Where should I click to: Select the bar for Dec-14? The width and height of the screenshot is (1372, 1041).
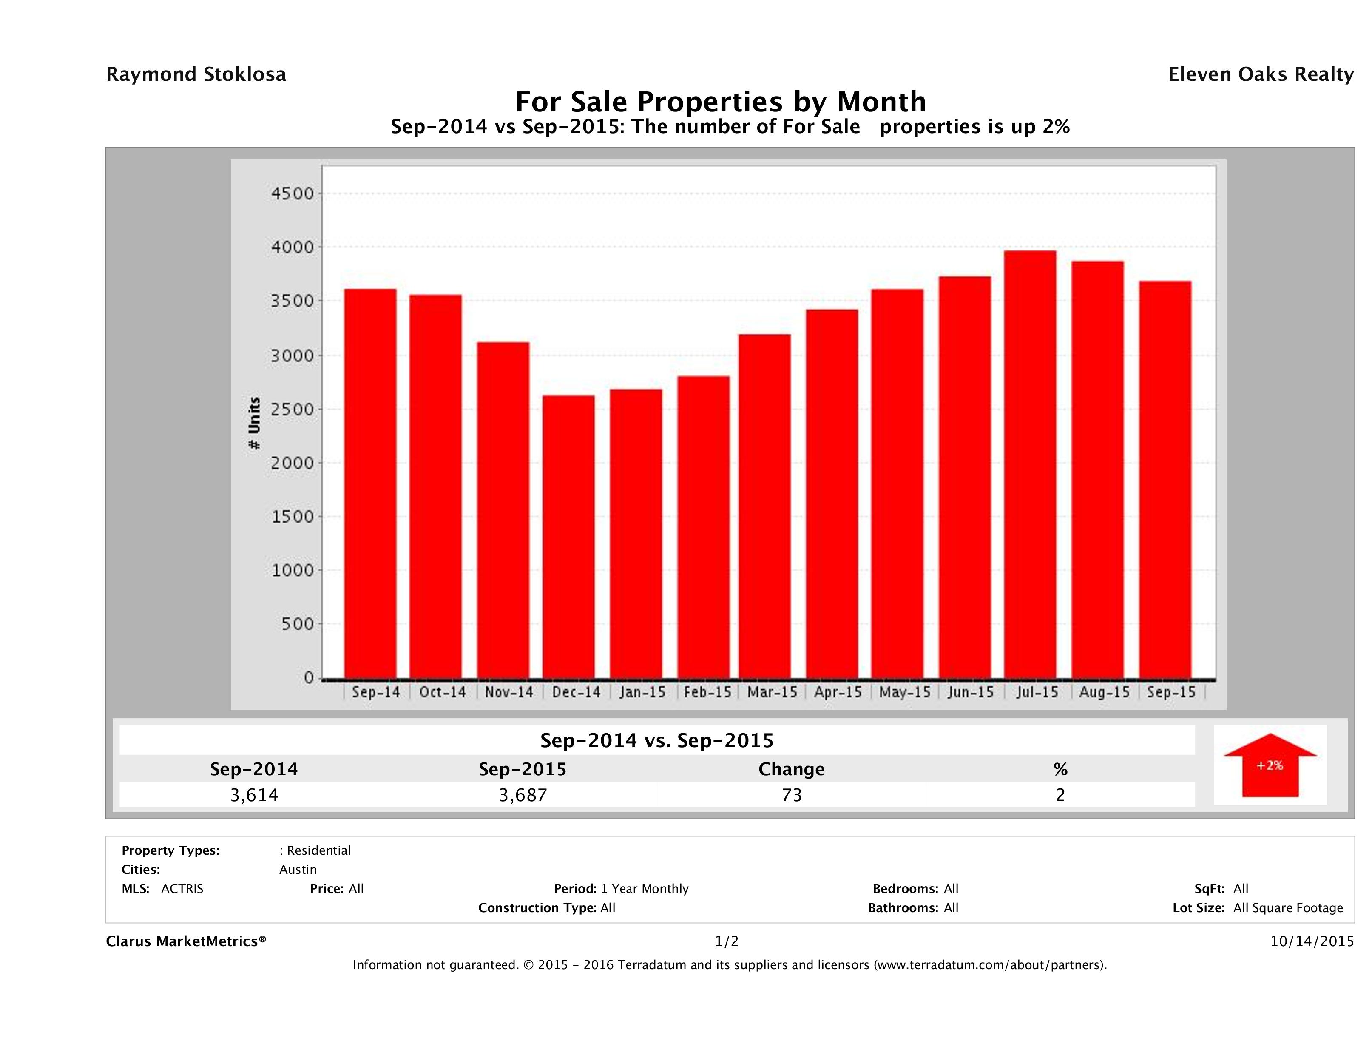click(x=568, y=537)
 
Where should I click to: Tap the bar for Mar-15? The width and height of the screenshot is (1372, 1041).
click(x=765, y=506)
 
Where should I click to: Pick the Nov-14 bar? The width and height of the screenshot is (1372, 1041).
click(x=503, y=510)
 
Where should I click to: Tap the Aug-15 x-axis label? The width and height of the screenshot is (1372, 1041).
click(x=1104, y=692)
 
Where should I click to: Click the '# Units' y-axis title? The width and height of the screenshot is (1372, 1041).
click(x=254, y=423)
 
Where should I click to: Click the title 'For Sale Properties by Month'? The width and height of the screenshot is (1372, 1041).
click(x=721, y=102)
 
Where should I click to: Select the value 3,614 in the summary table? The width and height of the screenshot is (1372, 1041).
click(x=254, y=795)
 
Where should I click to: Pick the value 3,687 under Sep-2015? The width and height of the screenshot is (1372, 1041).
click(x=523, y=795)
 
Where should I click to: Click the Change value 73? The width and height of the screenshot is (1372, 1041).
click(x=792, y=795)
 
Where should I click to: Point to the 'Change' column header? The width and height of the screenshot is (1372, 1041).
click(x=792, y=769)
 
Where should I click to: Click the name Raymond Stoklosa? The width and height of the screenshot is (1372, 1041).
click(x=196, y=74)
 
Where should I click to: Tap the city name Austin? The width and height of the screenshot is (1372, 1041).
click(x=298, y=870)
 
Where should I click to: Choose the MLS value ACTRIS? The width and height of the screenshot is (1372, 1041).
click(x=182, y=889)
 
